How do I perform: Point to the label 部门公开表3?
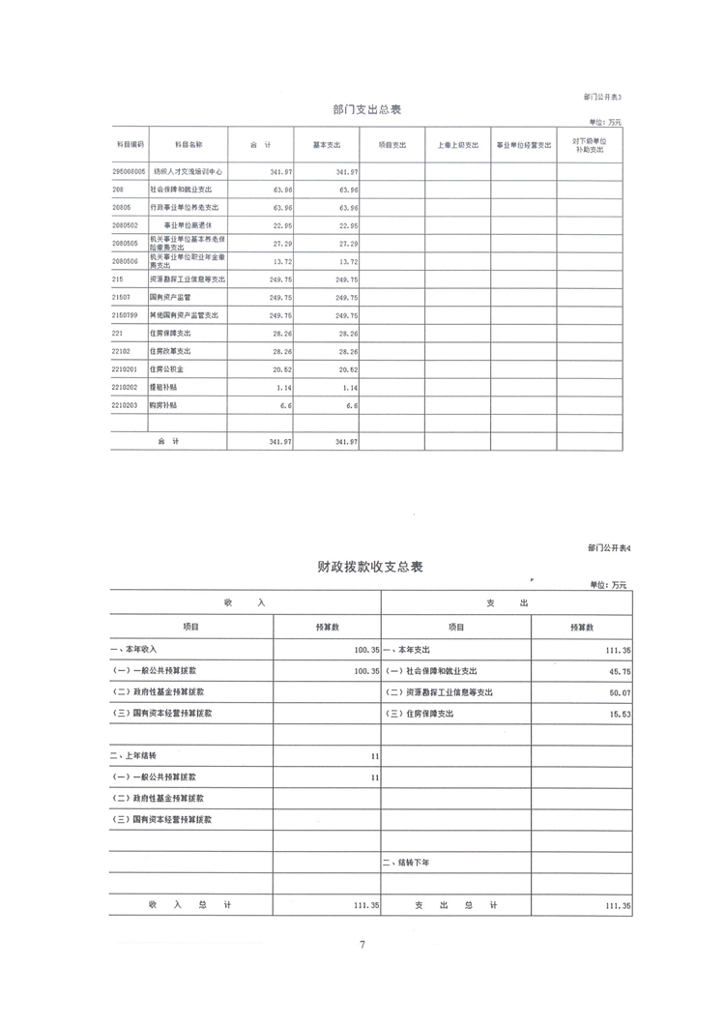click(x=604, y=97)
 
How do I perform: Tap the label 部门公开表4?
click(x=608, y=548)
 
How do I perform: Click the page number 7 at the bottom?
click(x=362, y=945)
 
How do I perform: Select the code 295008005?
click(x=129, y=170)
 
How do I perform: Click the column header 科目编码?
click(x=130, y=144)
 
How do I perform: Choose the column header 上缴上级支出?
click(x=457, y=144)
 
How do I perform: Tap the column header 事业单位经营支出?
click(x=524, y=144)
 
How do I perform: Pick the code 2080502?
click(x=126, y=226)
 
